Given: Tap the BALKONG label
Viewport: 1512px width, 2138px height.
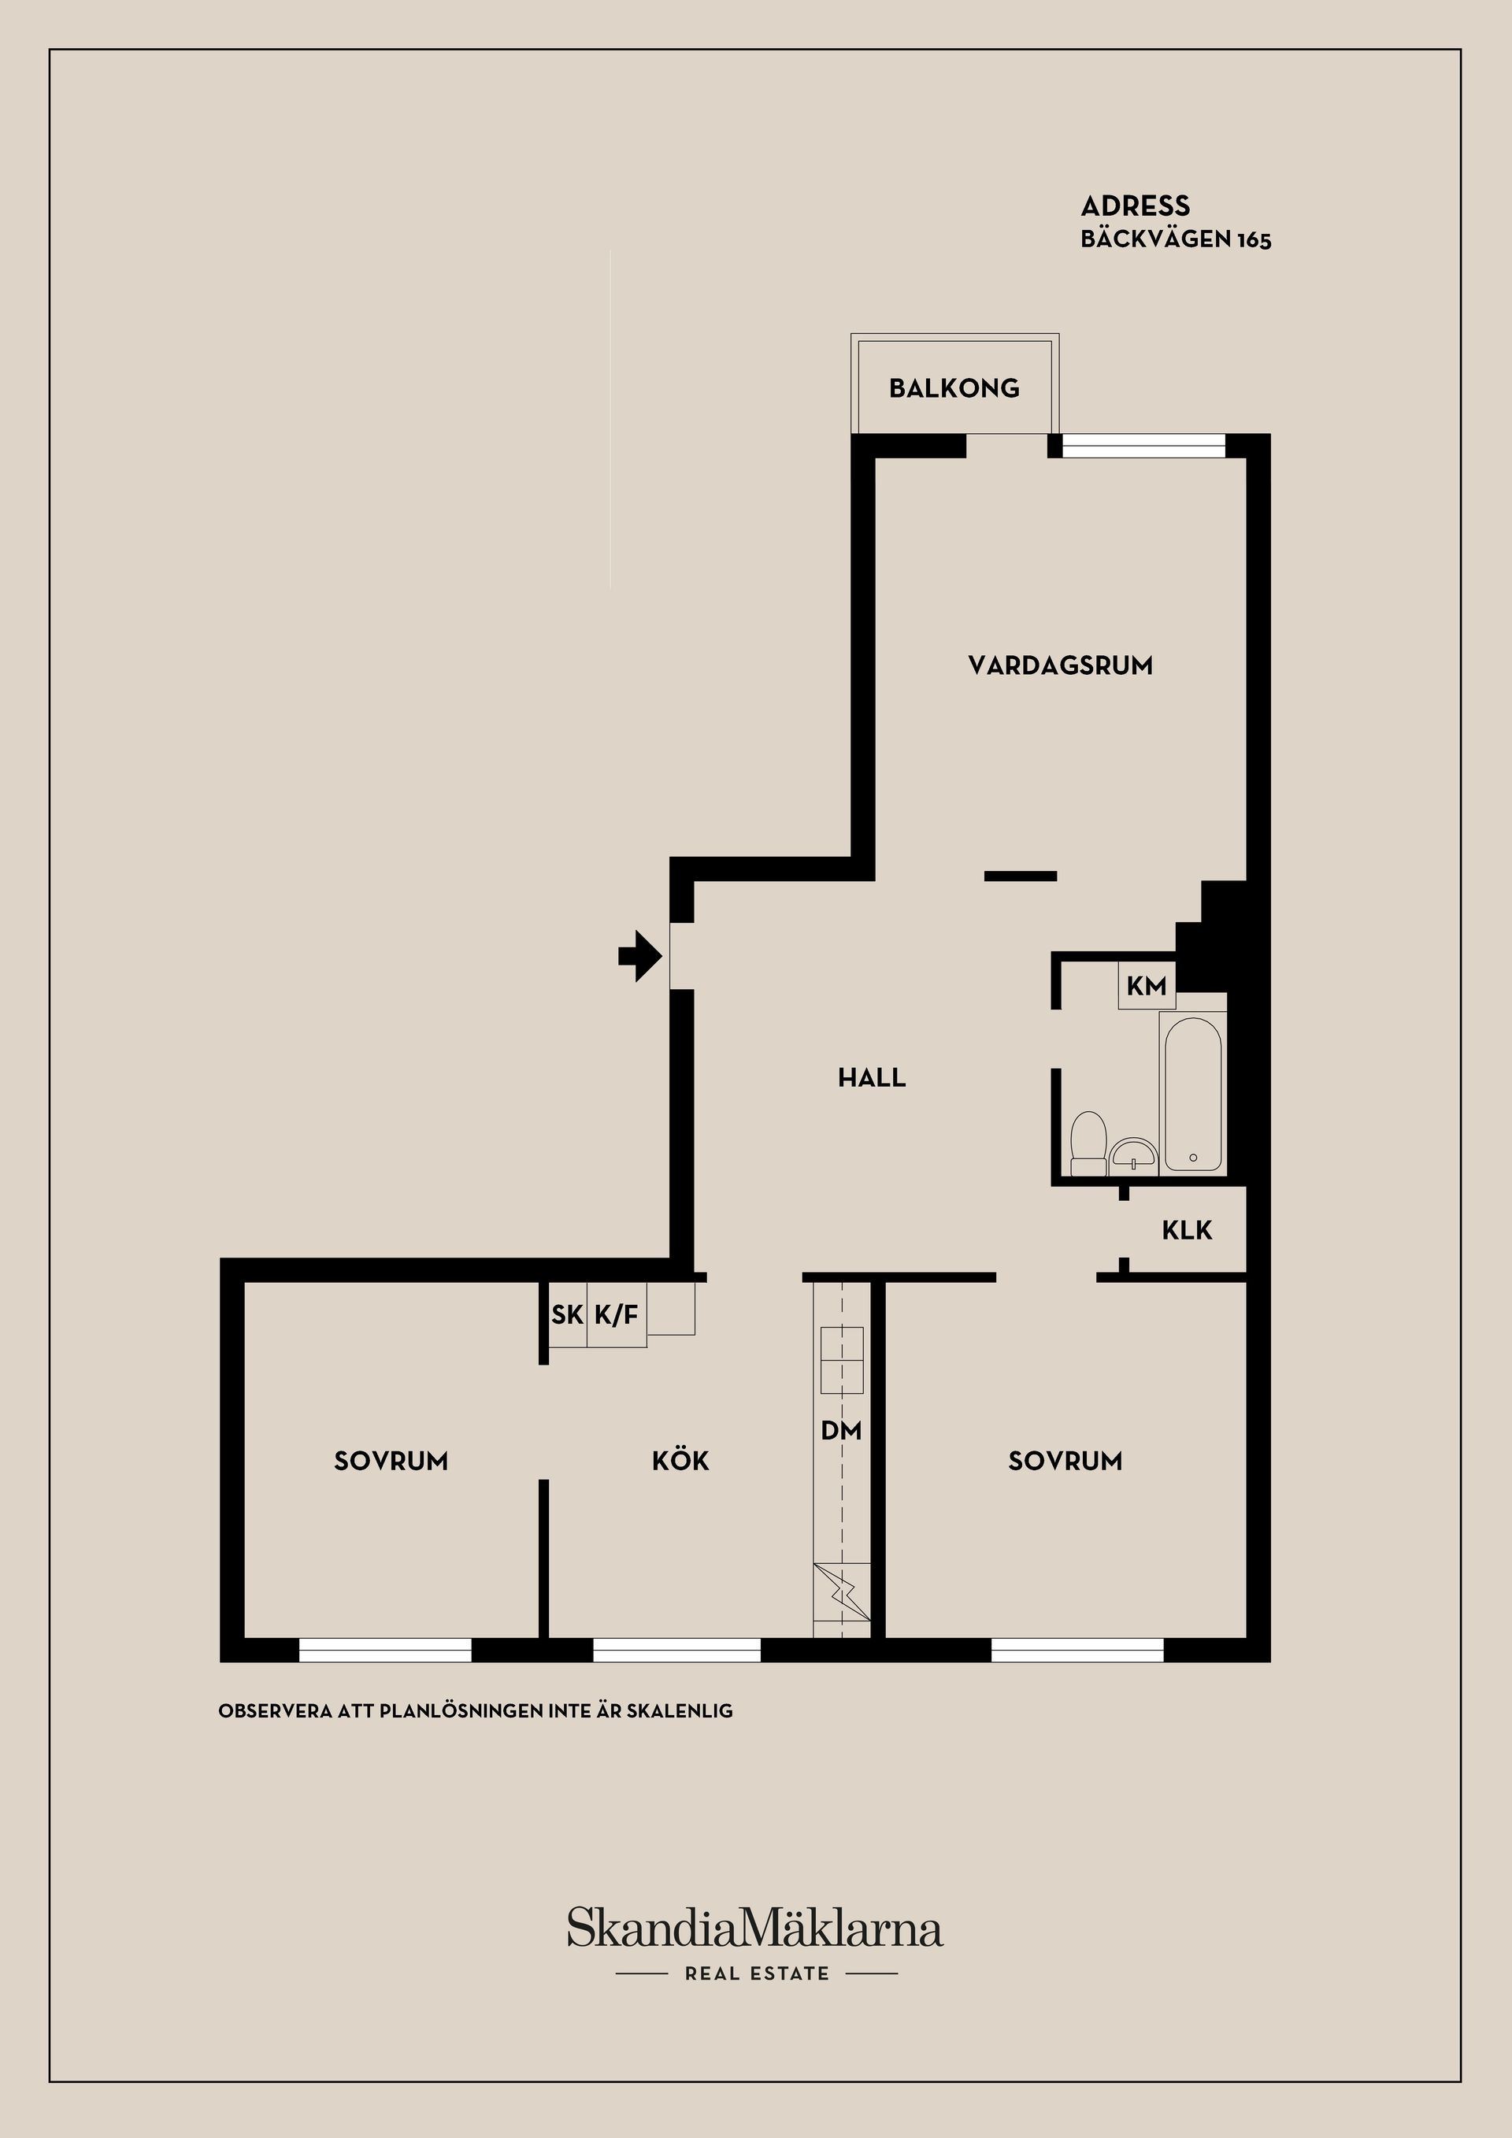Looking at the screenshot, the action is (954, 388).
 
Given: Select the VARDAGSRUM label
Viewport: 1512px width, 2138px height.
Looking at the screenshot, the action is (1061, 665).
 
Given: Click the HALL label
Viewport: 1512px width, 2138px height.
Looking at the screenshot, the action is (873, 1078).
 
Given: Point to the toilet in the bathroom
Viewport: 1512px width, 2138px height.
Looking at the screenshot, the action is (1088, 1144).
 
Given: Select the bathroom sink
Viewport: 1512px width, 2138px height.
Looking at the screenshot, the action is (1133, 1155).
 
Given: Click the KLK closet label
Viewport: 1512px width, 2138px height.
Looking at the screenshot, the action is (1187, 1231).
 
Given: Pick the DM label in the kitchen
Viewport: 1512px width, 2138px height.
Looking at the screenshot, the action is (842, 1430).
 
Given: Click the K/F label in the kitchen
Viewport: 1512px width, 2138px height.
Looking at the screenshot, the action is (617, 1315).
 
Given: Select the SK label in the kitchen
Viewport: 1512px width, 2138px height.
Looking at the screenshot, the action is (567, 1315).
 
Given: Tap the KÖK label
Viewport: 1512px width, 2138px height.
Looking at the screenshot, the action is (680, 1460).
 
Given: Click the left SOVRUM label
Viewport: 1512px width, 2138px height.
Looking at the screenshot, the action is (391, 1461).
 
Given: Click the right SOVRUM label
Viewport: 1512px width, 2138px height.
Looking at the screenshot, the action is (1065, 1461).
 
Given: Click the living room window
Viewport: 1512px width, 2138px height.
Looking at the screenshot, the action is (1144, 446).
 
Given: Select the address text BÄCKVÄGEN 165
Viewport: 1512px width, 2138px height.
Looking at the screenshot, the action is (1176, 239).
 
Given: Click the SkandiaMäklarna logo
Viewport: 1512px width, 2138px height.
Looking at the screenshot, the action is (755, 1928).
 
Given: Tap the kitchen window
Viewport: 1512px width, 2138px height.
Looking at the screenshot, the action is (677, 1650).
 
